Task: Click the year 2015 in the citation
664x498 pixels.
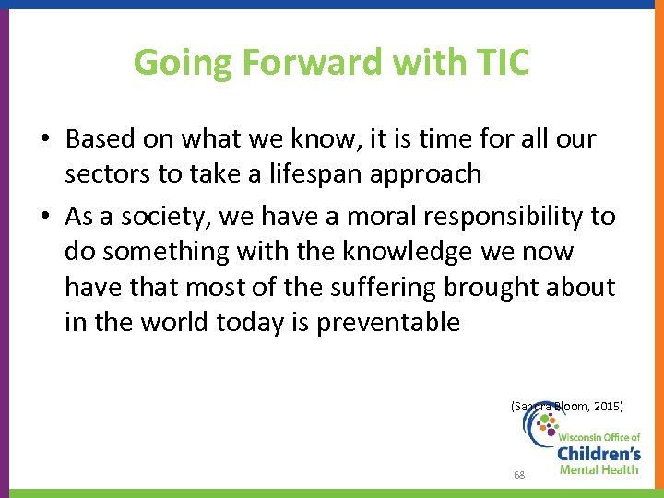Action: [603, 406]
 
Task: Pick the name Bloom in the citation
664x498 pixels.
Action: [563, 406]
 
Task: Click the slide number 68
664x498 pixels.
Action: [519, 475]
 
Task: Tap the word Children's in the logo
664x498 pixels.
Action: [599, 454]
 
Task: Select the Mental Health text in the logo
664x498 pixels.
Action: [600, 470]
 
